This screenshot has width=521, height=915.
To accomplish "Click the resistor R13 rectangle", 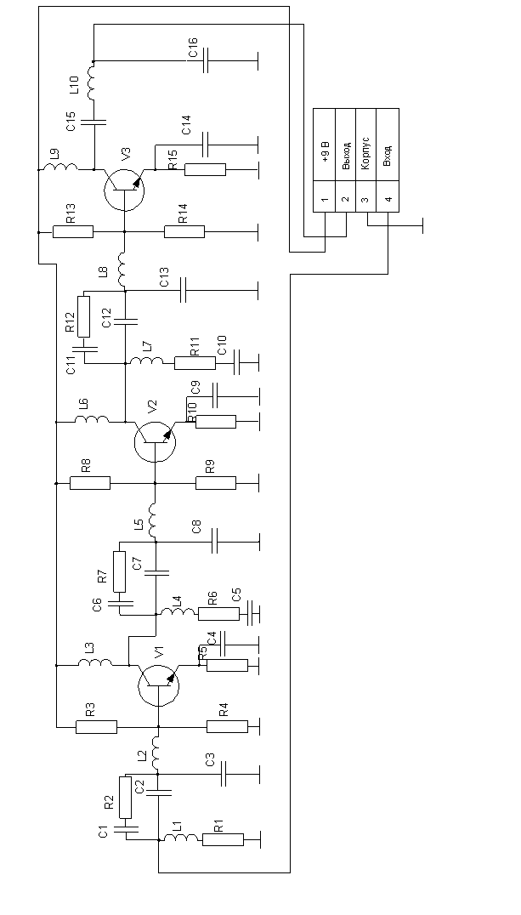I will [73, 231].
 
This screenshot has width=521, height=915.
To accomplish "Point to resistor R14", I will [184, 231].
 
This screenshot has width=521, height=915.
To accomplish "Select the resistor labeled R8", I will [89, 483].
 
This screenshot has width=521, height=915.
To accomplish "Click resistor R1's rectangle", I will [223, 840].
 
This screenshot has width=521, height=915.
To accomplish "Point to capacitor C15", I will [93, 121].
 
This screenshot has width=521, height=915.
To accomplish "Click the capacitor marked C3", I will [224, 774].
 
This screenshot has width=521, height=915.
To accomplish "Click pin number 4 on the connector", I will [388, 201].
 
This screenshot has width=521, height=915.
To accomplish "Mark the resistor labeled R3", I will [96, 727].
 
